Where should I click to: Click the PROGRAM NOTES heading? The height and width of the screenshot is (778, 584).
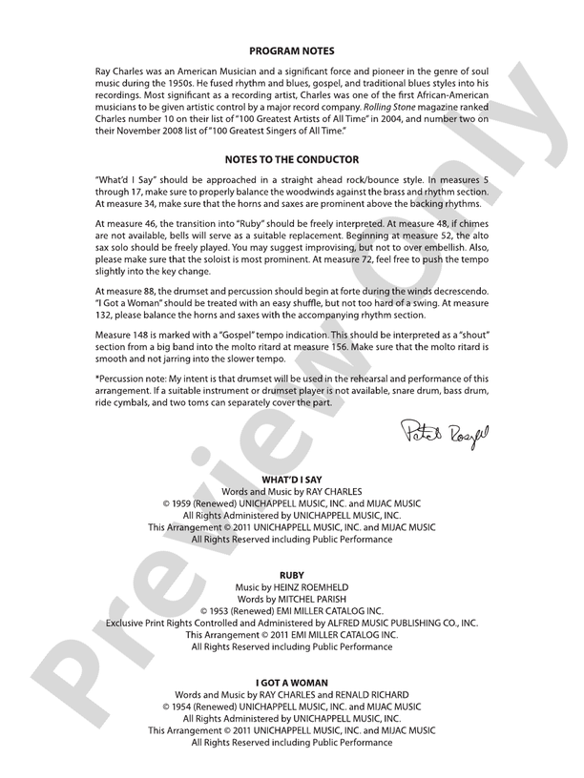pos(291,50)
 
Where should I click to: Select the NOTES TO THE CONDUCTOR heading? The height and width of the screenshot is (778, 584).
pos(291,159)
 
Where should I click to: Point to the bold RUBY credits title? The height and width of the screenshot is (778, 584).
pos(291,576)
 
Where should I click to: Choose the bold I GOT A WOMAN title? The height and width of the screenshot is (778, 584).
pos(291,683)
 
